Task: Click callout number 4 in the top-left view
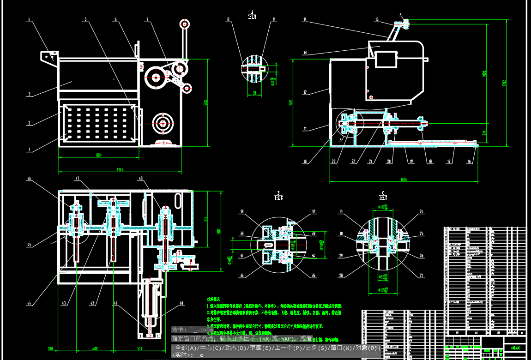click(29, 19)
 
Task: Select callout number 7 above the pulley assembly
click(147, 19)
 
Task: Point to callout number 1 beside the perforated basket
click(29, 150)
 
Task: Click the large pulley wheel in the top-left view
click(154, 77)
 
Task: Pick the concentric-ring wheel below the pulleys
click(162, 123)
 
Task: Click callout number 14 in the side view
click(305, 19)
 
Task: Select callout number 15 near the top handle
click(377, 19)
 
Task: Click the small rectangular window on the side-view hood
click(385, 59)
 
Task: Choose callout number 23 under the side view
click(333, 161)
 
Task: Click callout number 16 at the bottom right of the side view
click(470, 161)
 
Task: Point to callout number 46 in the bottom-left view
click(29, 178)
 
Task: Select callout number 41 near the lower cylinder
click(116, 303)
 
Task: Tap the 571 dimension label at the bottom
click(139, 348)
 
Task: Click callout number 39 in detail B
click(241, 212)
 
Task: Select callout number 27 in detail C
click(421, 276)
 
